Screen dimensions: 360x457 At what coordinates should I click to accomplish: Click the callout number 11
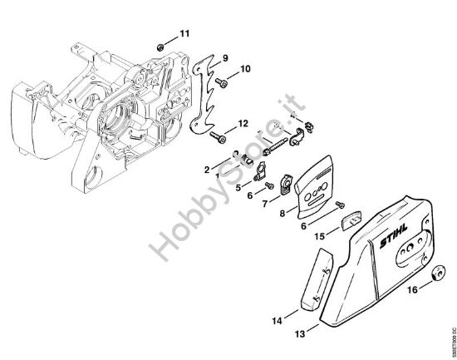coord(184,33)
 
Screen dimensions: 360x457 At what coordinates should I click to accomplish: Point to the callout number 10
coord(245,68)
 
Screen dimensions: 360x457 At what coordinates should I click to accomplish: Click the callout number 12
coord(243,123)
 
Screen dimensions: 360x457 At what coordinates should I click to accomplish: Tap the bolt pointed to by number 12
coord(217,133)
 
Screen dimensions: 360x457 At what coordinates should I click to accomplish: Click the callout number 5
coord(237,187)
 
